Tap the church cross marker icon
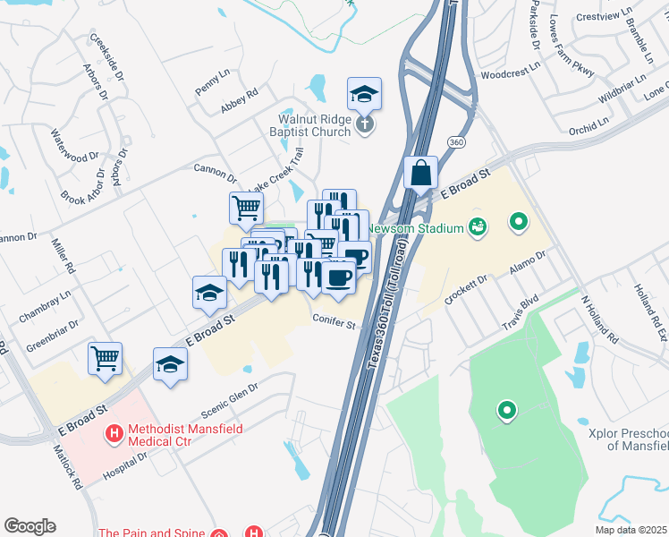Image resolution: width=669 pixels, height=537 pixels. pyautogui.click(x=364, y=124)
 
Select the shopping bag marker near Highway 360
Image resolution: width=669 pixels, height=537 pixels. pyautogui.click(x=420, y=172)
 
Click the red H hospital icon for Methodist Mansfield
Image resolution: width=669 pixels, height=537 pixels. pyautogui.click(x=114, y=435)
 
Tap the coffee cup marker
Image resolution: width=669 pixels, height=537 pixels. pyautogui.click(x=338, y=278)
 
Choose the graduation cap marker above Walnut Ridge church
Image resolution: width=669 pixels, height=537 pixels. pyautogui.click(x=364, y=92)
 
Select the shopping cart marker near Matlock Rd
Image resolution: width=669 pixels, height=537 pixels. pyautogui.click(x=105, y=358)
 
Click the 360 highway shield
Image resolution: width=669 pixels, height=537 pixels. pyautogui.click(x=456, y=142)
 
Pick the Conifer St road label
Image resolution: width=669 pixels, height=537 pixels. pyautogui.click(x=334, y=319)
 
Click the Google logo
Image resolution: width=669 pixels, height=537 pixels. pyautogui.click(x=30, y=525)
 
